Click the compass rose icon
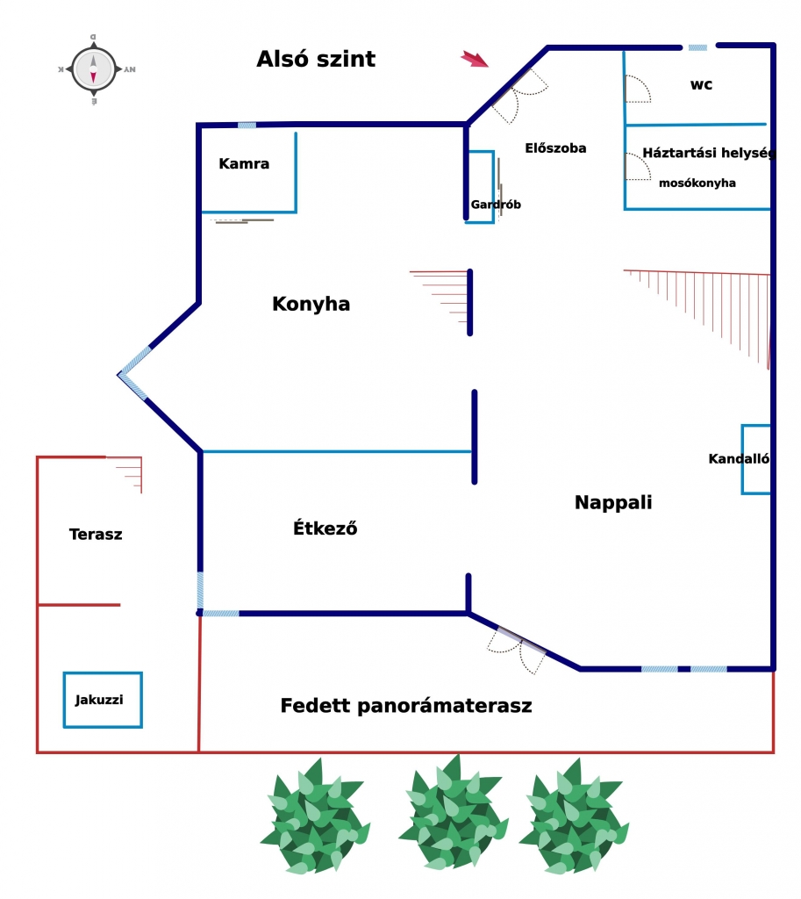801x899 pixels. click(x=93, y=70)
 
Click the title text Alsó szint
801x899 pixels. click(x=316, y=59)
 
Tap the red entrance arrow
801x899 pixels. click(x=475, y=59)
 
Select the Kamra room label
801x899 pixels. click(x=244, y=164)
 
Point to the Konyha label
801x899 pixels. click(x=311, y=304)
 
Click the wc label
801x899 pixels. click(x=701, y=85)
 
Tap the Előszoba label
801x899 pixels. click(x=555, y=148)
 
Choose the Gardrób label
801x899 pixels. click(x=496, y=205)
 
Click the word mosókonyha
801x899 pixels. click(x=697, y=183)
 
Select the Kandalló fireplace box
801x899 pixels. click(x=755, y=459)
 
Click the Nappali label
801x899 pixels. click(x=613, y=502)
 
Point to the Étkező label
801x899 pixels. click(x=325, y=528)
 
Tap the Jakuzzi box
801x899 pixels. click(x=103, y=700)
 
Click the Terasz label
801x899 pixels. click(x=96, y=535)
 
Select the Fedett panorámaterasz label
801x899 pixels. click(x=406, y=706)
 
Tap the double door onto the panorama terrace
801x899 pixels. click(x=518, y=650)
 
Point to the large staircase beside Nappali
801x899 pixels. click(x=697, y=318)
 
